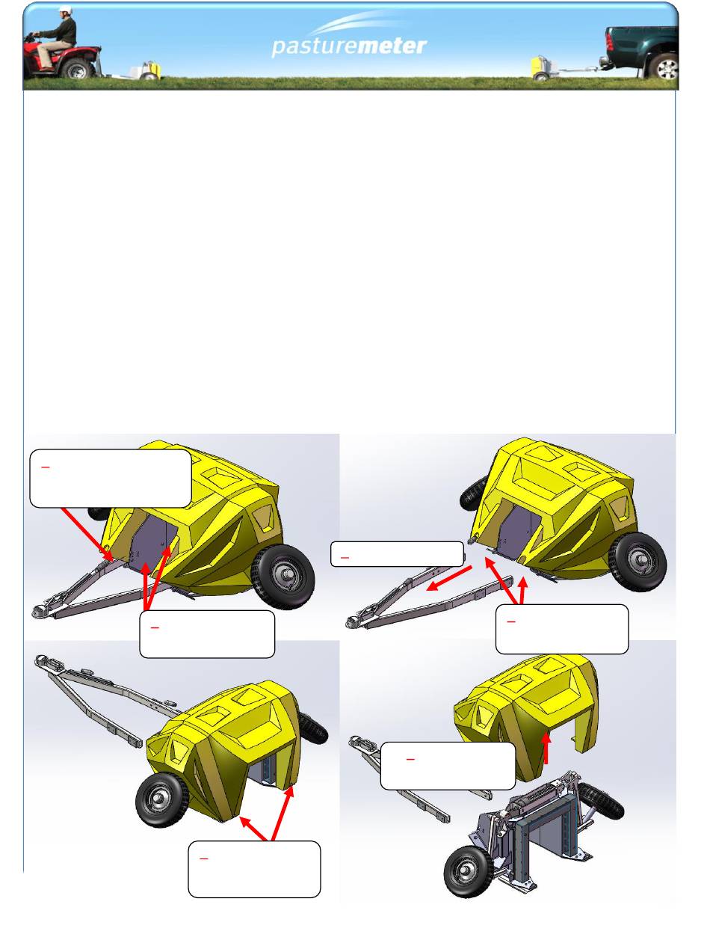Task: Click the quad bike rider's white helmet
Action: [x=65, y=10]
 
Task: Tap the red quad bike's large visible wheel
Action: [x=77, y=69]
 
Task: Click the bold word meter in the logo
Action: [x=392, y=46]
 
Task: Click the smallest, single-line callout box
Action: [x=397, y=554]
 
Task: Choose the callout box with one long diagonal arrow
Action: [x=111, y=479]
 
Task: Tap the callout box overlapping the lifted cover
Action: [x=448, y=766]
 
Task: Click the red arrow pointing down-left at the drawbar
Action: [x=449, y=579]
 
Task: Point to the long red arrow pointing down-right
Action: [x=88, y=534]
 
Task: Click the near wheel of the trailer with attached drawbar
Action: [x=283, y=577]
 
